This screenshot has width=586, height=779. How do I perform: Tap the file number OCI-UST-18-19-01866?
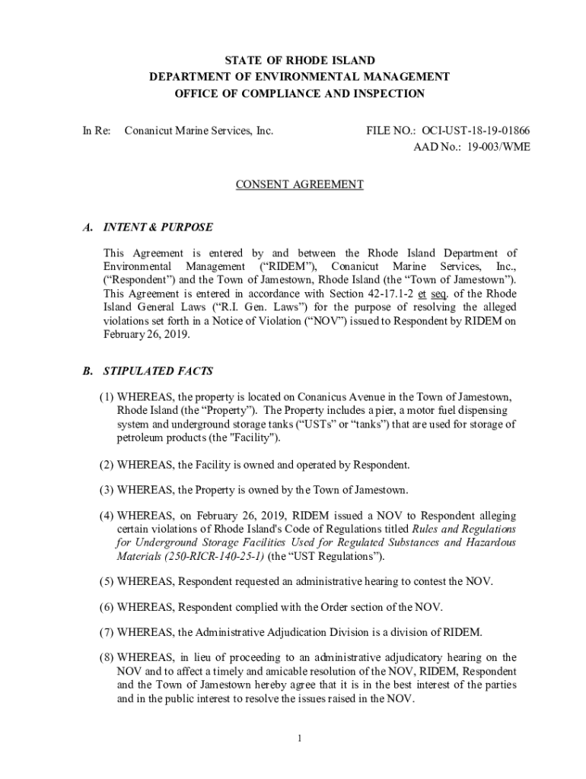click(479, 131)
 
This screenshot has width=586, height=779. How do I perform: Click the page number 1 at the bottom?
click(300, 738)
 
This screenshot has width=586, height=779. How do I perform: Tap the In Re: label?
click(97, 131)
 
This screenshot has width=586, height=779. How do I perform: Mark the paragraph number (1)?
click(107, 397)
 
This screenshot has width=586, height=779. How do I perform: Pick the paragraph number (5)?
click(107, 581)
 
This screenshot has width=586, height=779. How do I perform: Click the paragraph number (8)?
click(107, 657)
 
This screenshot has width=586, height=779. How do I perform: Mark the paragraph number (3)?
click(107, 488)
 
